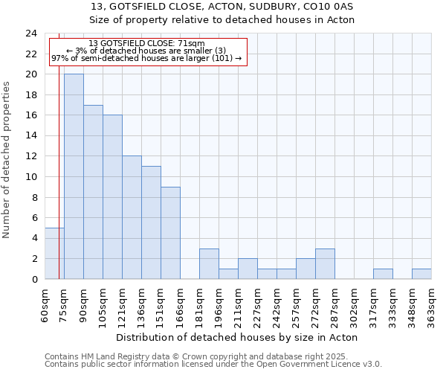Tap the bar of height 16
pyautogui.click(x=112, y=197)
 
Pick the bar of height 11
pyautogui.click(x=151, y=222)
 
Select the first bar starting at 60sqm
pyautogui.click(x=54, y=253)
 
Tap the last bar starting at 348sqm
pyautogui.click(x=421, y=274)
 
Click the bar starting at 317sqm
pyautogui.click(x=383, y=274)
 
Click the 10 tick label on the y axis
pyautogui.click(x=31, y=177)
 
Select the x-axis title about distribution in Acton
pyautogui.click(x=237, y=337)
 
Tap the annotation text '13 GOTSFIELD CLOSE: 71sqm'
pyautogui.click(x=146, y=44)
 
